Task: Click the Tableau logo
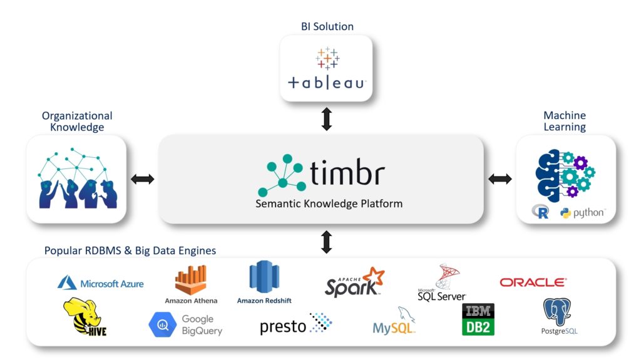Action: [326, 69]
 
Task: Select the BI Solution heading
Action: [326, 26]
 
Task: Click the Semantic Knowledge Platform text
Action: [320, 203]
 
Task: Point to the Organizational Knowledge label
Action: [77, 121]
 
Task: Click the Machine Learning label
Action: [564, 121]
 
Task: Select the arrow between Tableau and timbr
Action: [326, 118]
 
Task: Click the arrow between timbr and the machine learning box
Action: [500, 179]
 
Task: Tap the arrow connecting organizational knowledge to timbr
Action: [142, 179]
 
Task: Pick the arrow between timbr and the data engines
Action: [326, 242]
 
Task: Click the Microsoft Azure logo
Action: [101, 284]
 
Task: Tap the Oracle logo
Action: [533, 282]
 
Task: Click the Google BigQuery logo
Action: [185, 324]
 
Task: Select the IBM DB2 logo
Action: [478, 319]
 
